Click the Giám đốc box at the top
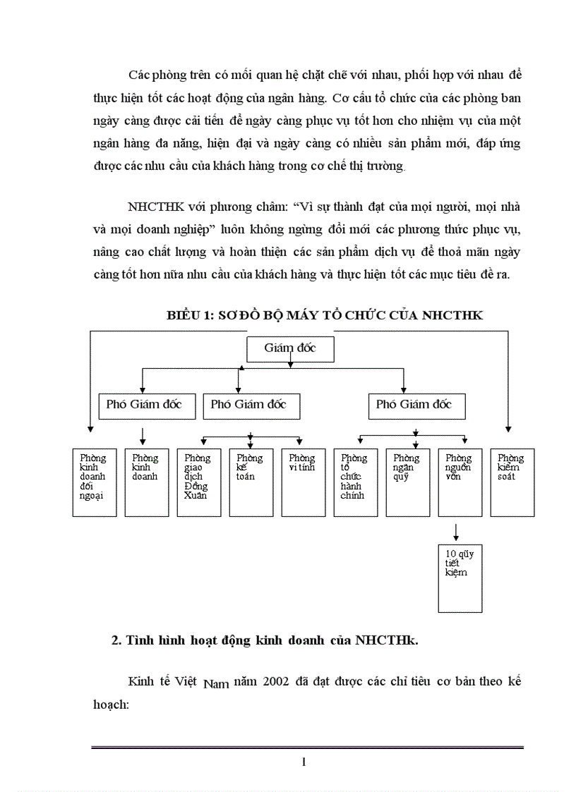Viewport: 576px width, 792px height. click(x=289, y=349)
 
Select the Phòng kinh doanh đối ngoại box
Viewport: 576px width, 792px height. click(x=95, y=482)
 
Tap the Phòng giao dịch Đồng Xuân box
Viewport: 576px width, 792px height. click(x=198, y=482)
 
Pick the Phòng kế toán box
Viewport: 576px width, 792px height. click(x=251, y=482)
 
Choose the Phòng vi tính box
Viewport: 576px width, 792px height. click(x=303, y=482)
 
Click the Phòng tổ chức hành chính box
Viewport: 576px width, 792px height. click(x=355, y=482)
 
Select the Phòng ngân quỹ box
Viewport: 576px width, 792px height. click(x=407, y=482)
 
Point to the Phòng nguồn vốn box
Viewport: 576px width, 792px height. click(x=460, y=482)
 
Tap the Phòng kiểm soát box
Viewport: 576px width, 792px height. click(x=512, y=482)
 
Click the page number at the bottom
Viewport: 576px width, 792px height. click(x=304, y=762)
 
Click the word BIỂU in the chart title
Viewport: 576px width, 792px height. click(x=184, y=315)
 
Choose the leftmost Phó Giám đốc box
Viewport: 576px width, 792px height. click(x=143, y=406)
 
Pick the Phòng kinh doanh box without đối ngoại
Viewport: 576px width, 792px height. click(x=146, y=482)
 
